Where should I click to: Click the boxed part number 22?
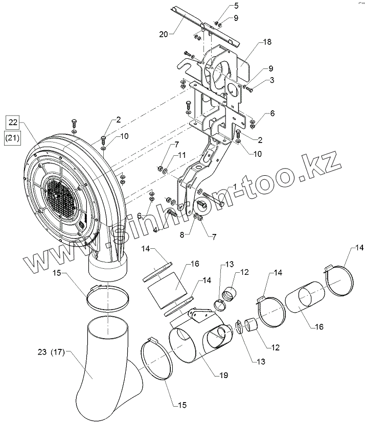pos(13,122)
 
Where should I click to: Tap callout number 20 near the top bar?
pos(163,35)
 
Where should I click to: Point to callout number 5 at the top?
pos(221,6)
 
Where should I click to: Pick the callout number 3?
pos(272,80)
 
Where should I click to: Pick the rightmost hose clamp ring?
pos(338,282)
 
